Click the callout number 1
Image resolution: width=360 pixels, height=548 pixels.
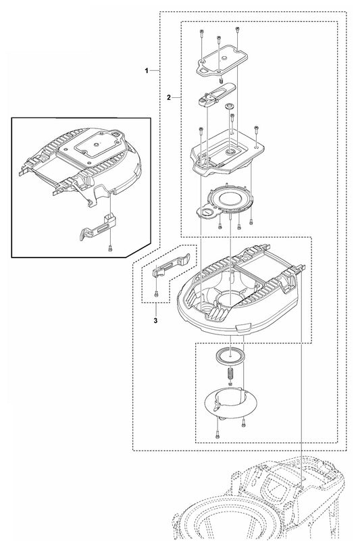tap(147, 70)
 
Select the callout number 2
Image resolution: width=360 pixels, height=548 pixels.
tap(169, 97)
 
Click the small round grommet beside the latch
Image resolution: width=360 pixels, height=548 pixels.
tap(230, 106)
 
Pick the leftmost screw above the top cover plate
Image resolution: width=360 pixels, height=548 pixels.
tap(201, 33)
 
